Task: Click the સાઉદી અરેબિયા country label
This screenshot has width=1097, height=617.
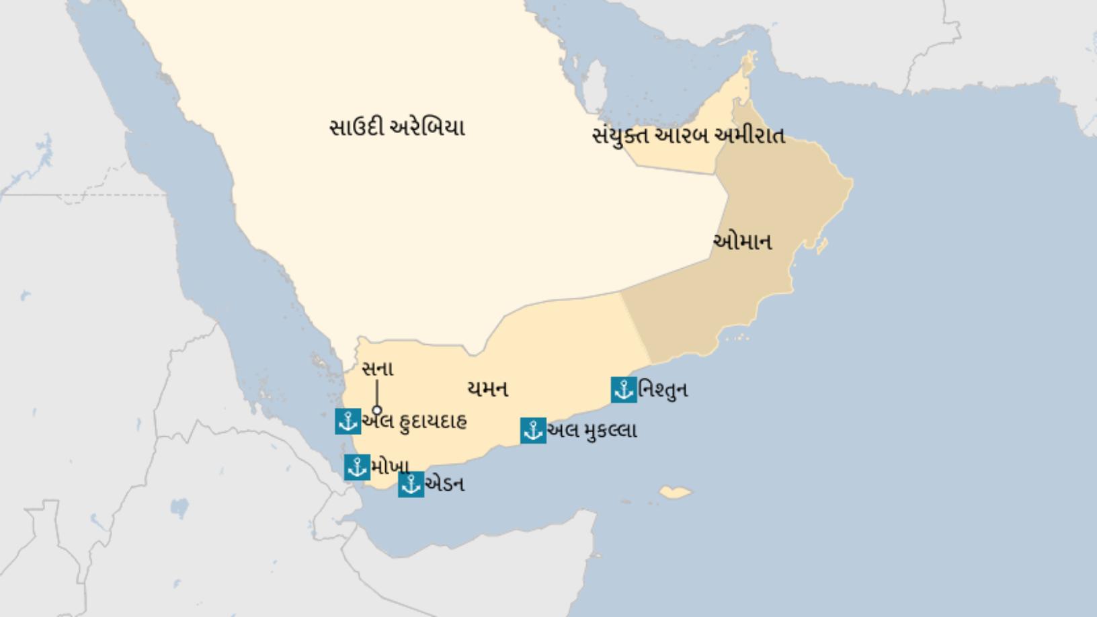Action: [397, 127]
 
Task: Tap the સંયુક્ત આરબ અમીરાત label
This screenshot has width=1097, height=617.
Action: [688, 136]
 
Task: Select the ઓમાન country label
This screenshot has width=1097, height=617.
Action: [742, 241]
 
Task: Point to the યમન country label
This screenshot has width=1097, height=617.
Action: [487, 388]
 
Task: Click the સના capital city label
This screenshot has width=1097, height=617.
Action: [377, 369]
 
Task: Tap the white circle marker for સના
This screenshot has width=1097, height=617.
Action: [377, 410]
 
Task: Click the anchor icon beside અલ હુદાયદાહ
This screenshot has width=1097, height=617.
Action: [348, 421]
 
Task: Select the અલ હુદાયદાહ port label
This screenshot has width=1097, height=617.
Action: [414, 422]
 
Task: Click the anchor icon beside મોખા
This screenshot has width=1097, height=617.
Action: [357, 467]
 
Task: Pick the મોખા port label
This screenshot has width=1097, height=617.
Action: [389, 466]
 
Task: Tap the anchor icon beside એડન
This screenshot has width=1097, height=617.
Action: [411, 485]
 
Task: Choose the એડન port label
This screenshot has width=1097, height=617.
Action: [444, 485]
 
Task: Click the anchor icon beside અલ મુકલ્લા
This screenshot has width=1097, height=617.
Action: [533, 431]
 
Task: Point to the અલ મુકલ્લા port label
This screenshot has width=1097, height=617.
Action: [592, 431]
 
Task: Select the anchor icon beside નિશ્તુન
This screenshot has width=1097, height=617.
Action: [624, 390]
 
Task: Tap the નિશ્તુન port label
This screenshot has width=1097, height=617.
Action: [663, 390]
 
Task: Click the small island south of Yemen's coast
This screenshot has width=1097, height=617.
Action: [675, 493]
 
